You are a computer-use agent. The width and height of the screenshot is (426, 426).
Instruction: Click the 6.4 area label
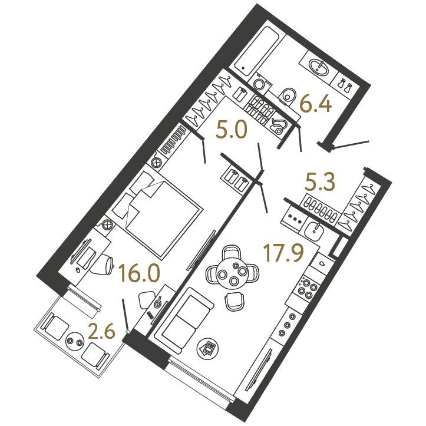(315, 105)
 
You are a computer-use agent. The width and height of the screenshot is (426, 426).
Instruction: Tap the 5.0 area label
(232, 131)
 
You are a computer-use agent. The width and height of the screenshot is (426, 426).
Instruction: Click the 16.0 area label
(139, 274)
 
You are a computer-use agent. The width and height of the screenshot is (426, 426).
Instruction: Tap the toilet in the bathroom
(288, 96)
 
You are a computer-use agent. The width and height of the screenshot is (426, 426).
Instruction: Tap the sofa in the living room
(183, 320)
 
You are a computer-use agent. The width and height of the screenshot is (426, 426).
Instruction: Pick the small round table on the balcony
(75, 342)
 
